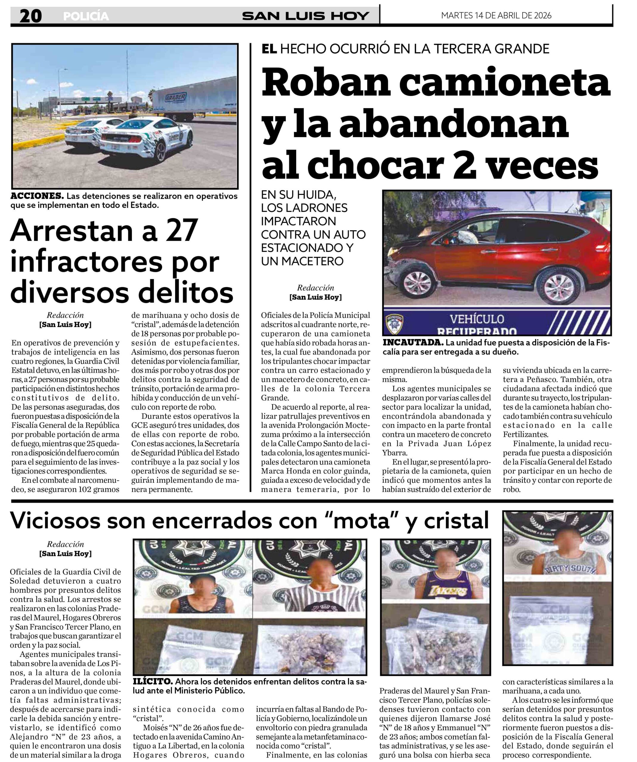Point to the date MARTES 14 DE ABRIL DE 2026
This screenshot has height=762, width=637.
coord(496,15)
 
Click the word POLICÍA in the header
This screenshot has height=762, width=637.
coord(86,16)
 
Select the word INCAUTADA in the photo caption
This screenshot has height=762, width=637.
coord(413,343)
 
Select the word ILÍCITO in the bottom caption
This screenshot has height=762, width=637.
coord(153,681)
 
